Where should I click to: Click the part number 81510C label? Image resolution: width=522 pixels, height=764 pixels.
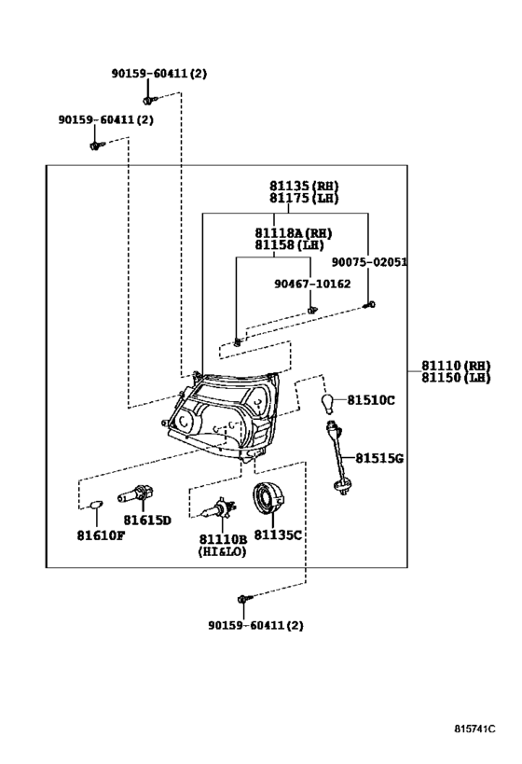tap(371, 400)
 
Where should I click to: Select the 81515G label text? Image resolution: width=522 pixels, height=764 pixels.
tap(379, 458)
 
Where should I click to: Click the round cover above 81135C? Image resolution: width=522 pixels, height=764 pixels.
tap(268, 498)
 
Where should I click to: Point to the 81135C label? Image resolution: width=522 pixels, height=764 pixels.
tap(278, 535)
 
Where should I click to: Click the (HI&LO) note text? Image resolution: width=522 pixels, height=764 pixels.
tap(222, 551)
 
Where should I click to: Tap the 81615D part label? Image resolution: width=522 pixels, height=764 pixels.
tap(147, 521)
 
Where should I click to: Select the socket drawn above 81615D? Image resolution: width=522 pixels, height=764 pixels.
tap(136, 493)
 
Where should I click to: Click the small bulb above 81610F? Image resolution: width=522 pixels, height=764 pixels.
tap(96, 505)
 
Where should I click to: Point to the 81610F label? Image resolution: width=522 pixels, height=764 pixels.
tap(101, 535)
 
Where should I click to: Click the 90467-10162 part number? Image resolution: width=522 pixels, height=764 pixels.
tap(312, 284)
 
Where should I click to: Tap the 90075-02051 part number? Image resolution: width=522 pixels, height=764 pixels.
tap(369, 262)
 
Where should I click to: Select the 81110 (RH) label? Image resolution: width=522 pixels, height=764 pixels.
tap(456, 366)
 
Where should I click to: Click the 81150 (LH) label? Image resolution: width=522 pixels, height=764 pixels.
tap(456, 378)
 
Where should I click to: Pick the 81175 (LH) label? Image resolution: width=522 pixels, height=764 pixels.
tap(304, 199)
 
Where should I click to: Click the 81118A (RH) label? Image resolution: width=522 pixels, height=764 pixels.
tap(294, 233)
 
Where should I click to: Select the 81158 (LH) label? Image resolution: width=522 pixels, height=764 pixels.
tap(289, 245)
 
